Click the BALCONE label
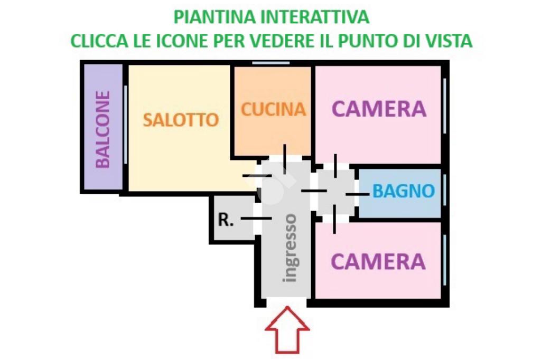point(103,129)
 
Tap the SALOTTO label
point(181,120)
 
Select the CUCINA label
point(273,109)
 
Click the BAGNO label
point(404,191)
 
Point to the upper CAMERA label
point(379,109)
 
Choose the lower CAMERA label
point(378,261)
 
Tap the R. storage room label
point(226,220)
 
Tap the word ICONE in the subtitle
point(198,41)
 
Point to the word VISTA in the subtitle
point(447,41)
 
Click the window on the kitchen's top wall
point(270,63)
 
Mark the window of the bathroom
point(445,193)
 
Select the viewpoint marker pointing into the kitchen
point(285,159)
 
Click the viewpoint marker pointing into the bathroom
point(357,194)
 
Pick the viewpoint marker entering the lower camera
point(334,219)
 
